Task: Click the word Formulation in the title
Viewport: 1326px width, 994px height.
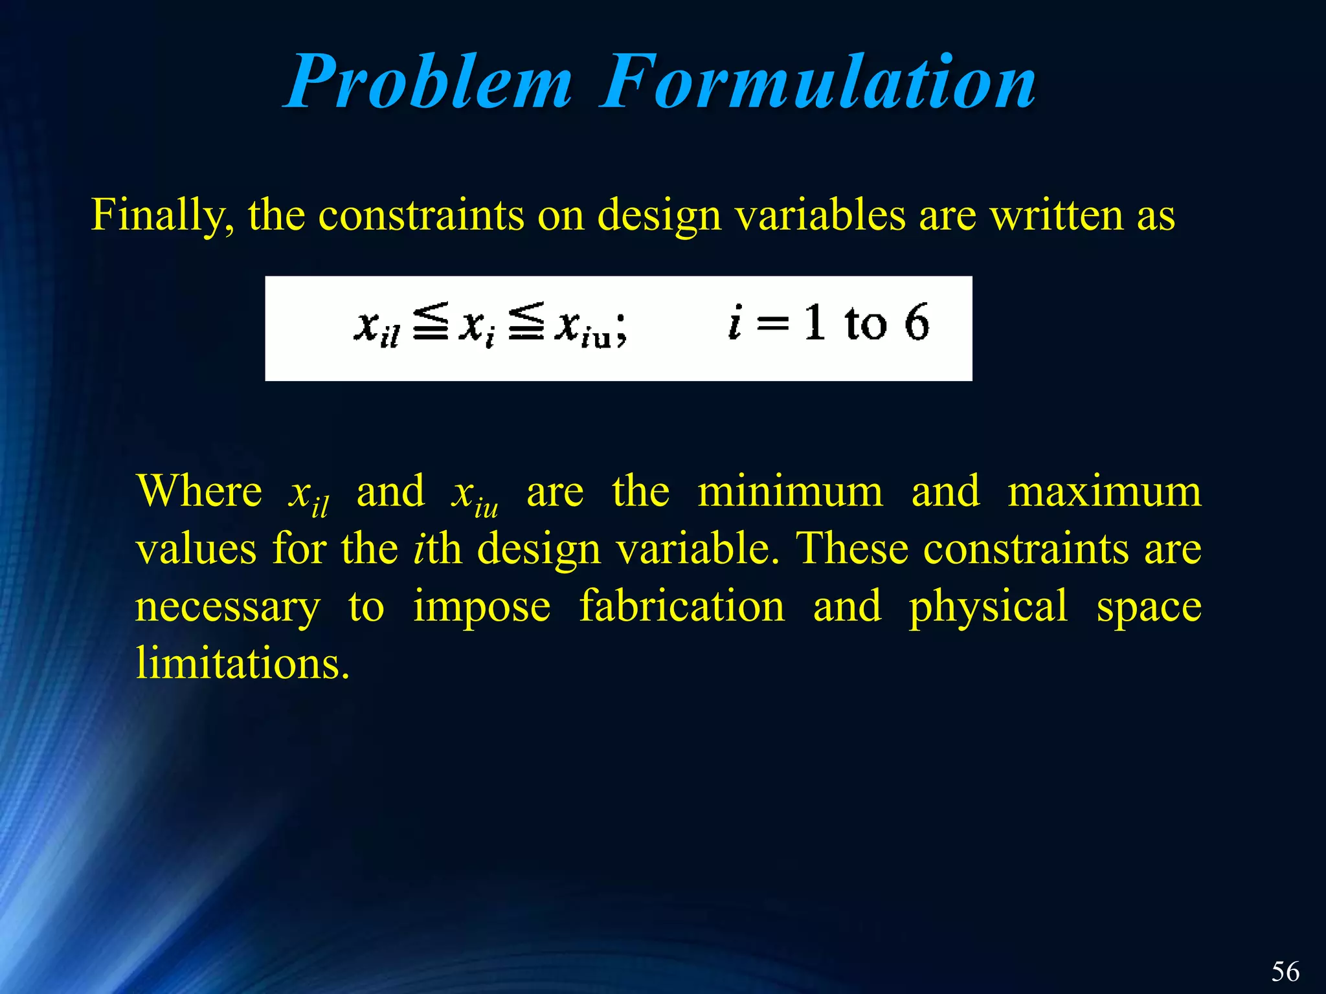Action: [818, 82]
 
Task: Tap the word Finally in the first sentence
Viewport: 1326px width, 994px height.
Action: [163, 215]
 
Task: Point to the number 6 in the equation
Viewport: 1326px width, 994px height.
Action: [916, 322]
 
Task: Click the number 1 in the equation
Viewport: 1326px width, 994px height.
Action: [815, 322]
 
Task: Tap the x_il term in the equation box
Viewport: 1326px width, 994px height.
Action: [377, 327]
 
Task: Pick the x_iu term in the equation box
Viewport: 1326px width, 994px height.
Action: [585, 327]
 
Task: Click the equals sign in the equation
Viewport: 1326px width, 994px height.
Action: [773, 323]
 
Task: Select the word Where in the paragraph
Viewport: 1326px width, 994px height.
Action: [199, 492]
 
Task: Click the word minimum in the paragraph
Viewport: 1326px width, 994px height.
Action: [790, 492]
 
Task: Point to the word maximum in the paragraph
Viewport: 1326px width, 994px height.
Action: [1104, 492]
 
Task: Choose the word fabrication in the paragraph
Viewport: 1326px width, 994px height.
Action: [682, 606]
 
